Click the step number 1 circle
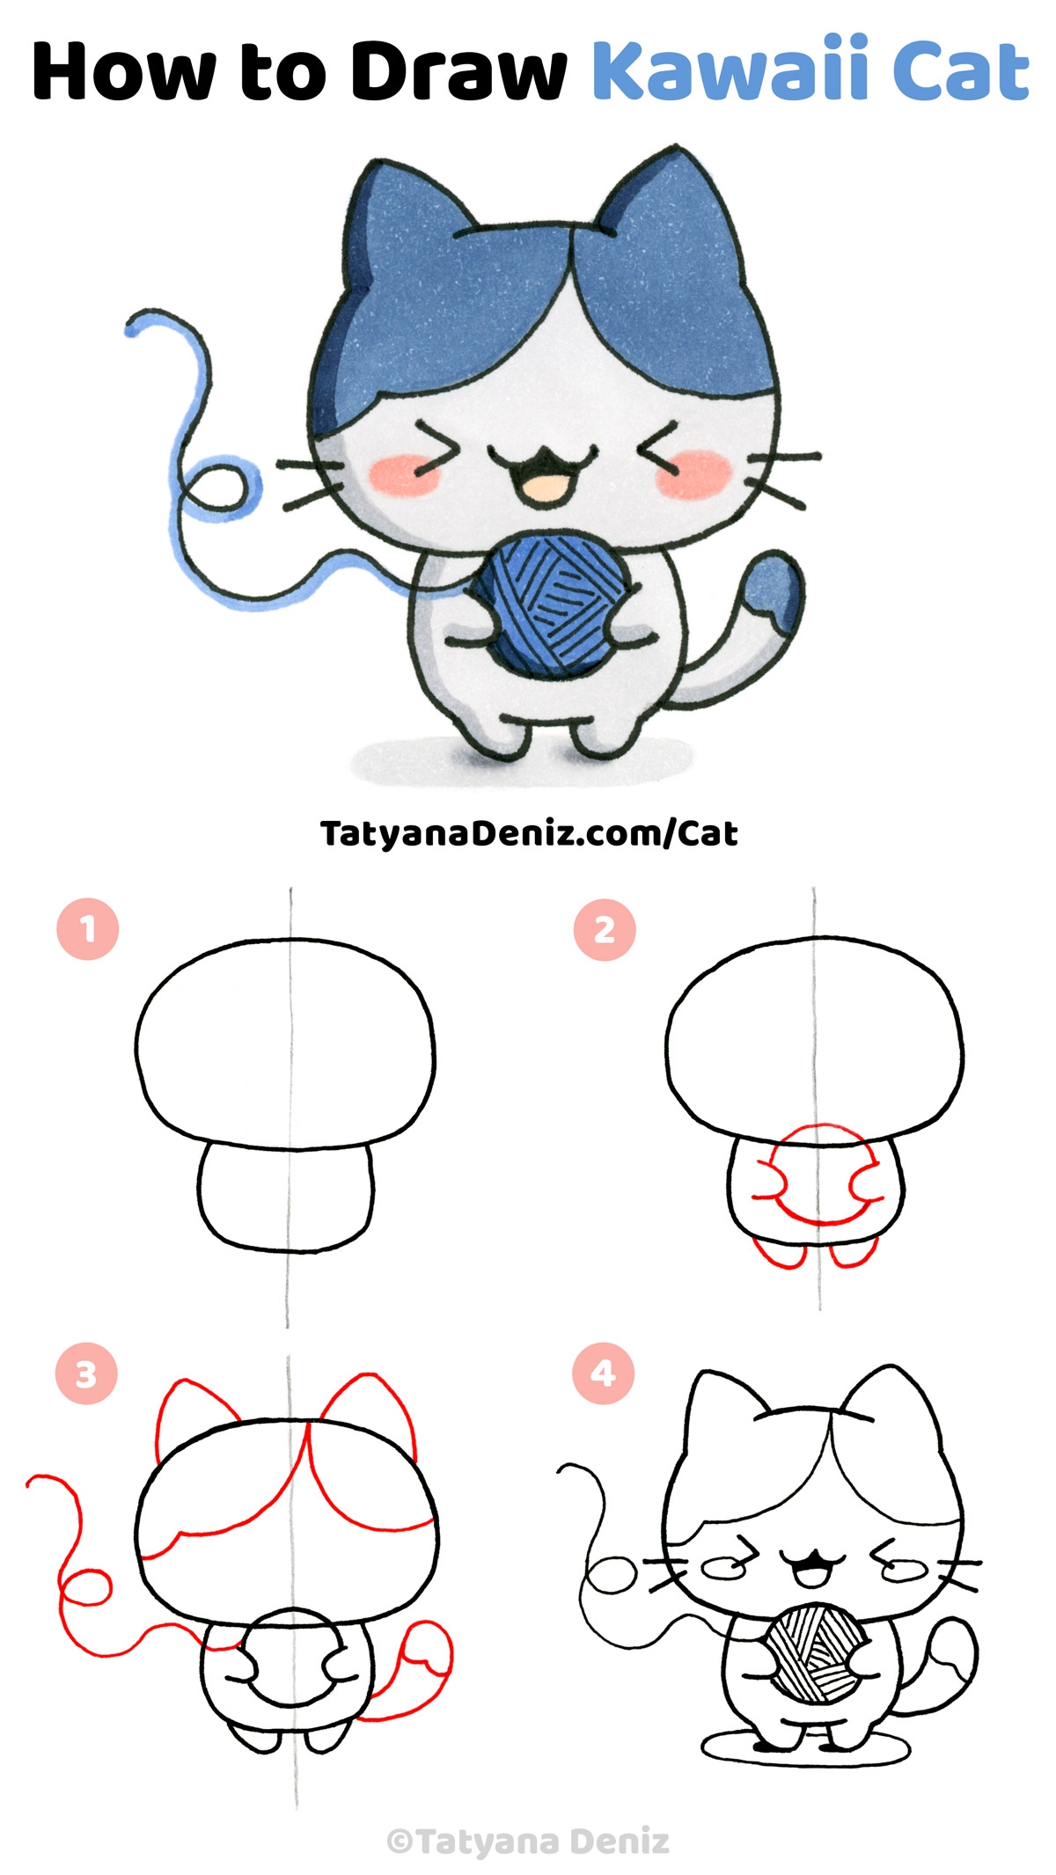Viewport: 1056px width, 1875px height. [x=87, y=929]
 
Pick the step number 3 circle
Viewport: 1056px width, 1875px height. [x=85, y=1373]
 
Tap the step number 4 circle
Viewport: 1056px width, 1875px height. [x=603, y=1373]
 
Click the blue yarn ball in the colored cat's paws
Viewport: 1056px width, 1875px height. [x=548, y=608]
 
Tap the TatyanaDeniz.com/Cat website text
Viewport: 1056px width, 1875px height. [x=529, y=832]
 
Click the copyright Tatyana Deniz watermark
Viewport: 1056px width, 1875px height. [x=529, y=1841]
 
